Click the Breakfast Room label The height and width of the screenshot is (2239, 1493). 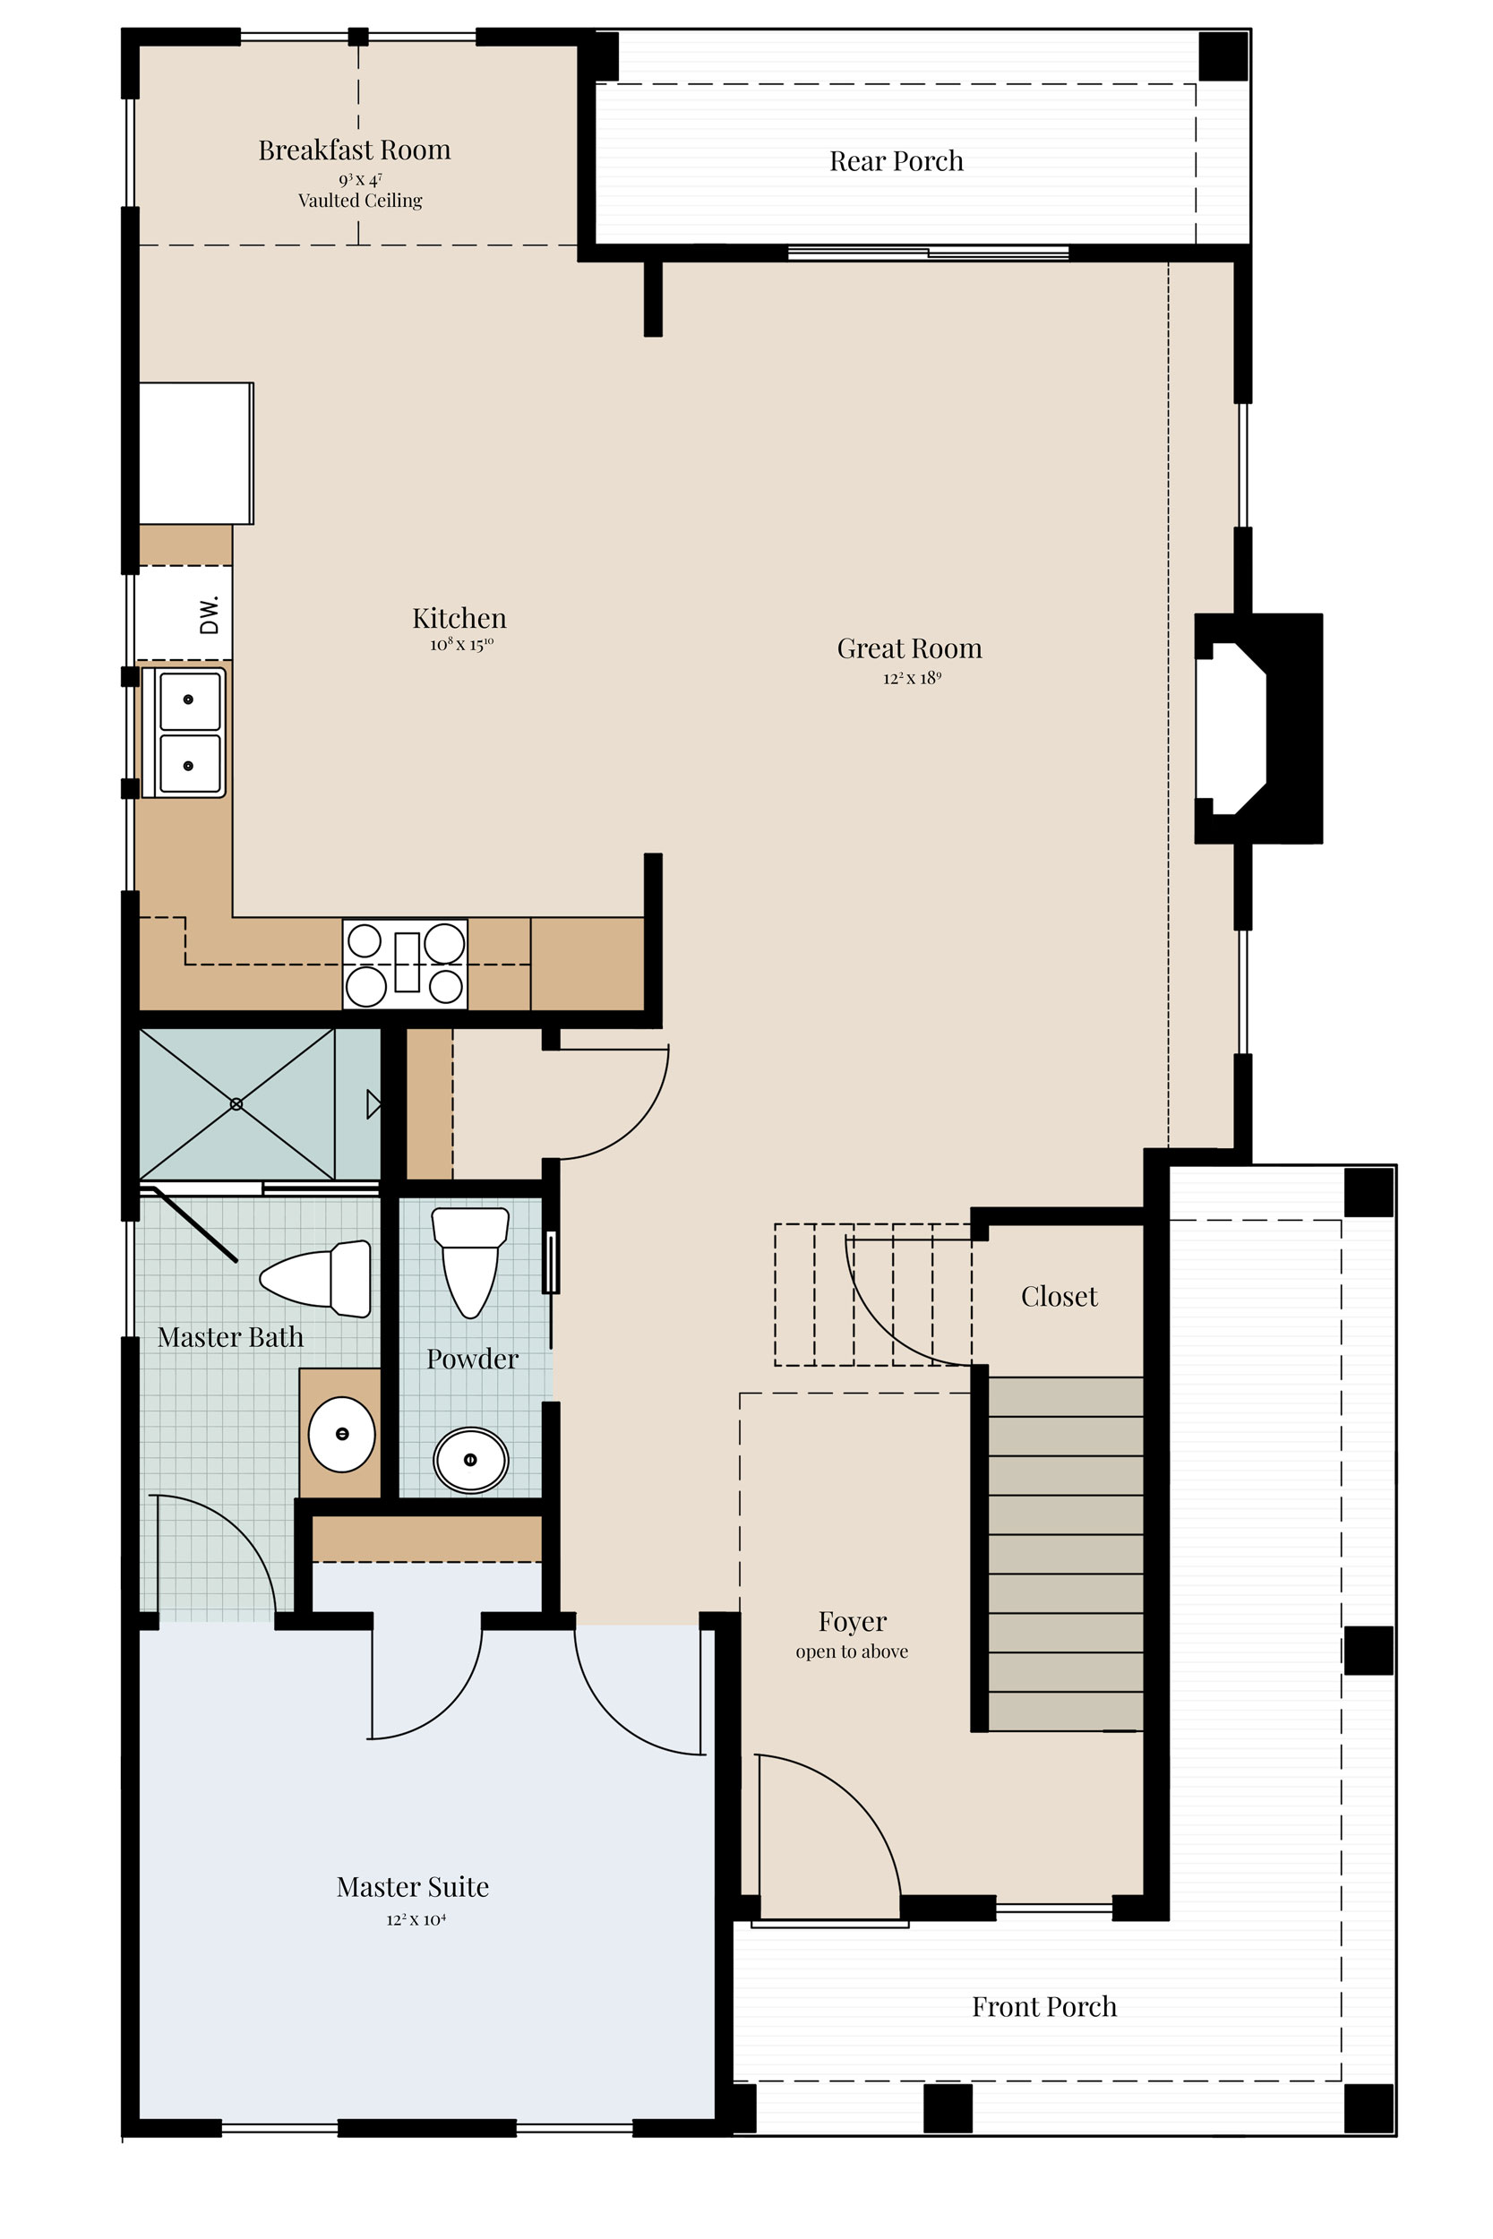click(x=354, y=150)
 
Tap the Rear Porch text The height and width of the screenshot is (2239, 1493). click(x=896, y=161)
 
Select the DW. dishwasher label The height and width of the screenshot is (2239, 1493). click(x=210, y=614)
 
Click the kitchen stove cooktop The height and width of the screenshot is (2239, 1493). click(x=405, y=964)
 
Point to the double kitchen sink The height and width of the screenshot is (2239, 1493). click(x=184, y=732)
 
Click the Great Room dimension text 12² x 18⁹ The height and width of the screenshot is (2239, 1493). click(x=911, y=679)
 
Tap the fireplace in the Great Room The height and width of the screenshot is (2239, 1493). click(x=1257, y=728)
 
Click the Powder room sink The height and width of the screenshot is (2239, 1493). click(x=470, y=1459)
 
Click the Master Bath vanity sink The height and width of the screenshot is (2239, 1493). click(x=342, y=1434)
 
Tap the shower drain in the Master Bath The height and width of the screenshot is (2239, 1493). click(x=236, y=1103)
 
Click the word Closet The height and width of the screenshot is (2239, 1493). click(x=1059, y=1297)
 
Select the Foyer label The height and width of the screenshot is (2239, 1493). click(x=853, y=1621)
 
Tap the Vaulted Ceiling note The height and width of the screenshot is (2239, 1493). click(x=360, y=201)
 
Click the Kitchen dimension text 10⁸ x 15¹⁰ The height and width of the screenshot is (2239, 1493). click(x=461, y=645)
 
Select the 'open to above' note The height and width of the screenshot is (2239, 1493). click(x=853, y=1651)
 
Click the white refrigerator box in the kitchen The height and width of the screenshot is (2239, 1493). click(x=196, y=453)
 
